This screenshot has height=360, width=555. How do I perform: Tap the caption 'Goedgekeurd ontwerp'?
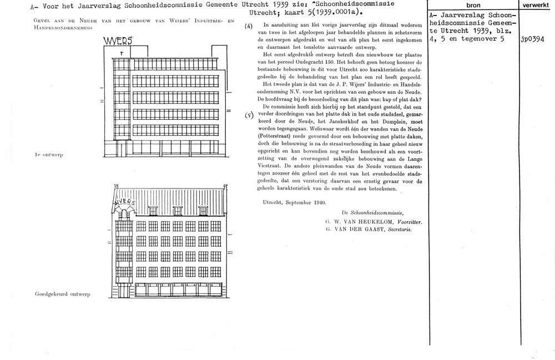click(62, 293)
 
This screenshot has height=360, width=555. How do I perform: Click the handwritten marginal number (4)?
click(249, 27)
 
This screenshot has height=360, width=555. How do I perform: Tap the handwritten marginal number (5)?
click(249, 115)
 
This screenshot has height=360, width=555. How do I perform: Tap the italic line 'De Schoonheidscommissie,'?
click(374, 213)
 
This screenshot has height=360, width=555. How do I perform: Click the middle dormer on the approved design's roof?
click(177, 209)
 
